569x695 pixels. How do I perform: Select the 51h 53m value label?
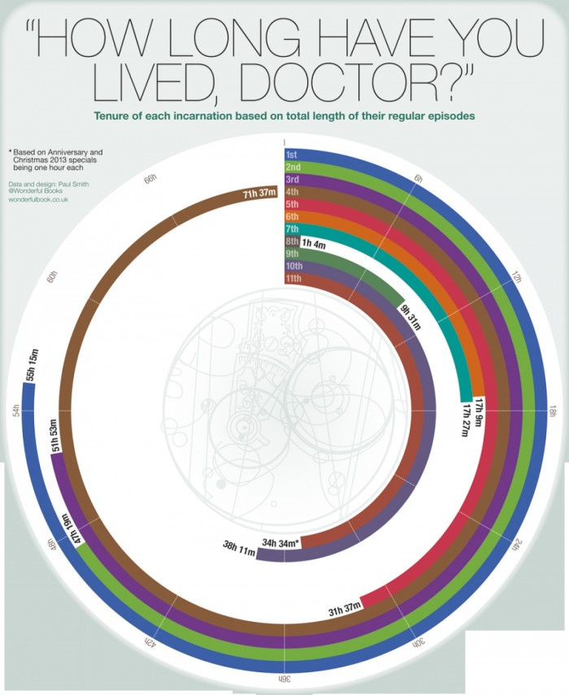click(x=55, y=437)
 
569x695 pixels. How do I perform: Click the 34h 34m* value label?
click(x=281, y=541)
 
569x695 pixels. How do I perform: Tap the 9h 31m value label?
click(x=408, y=316)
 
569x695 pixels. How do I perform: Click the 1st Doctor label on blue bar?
click(x=292, y=154)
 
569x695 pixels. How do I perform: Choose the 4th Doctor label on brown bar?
click(x=292, y=192)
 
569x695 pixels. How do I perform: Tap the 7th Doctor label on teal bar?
click(x=292, y=229)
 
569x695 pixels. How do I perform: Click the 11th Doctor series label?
click(x=293, y=279)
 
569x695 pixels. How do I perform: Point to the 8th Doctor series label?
click(x=292, y=241)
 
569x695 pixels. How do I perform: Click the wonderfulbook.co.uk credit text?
click(x=37, y=200)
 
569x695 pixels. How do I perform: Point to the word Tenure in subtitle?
click(x=114, y=116)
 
